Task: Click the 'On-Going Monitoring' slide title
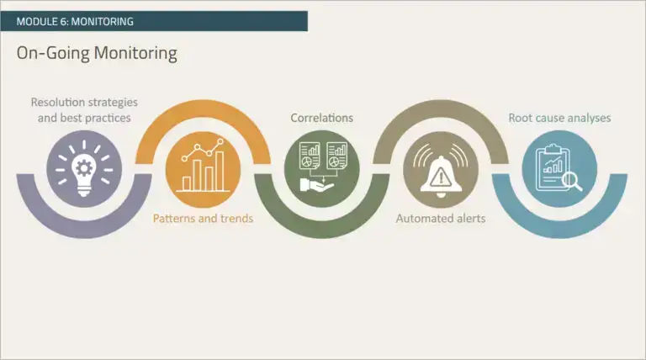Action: point(97,53)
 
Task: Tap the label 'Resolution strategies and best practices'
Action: point(84,110)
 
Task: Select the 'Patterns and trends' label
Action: point(203,219)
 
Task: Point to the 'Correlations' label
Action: point(322,118)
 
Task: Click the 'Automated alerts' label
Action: point(441,219)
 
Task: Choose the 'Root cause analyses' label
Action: point(559,118)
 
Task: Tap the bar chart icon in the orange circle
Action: point(203,168)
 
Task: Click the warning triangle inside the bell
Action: point(441,176)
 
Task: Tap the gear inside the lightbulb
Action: point(84,166)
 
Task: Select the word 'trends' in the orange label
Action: point(236,219)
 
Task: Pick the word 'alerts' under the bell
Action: point(469,219)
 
